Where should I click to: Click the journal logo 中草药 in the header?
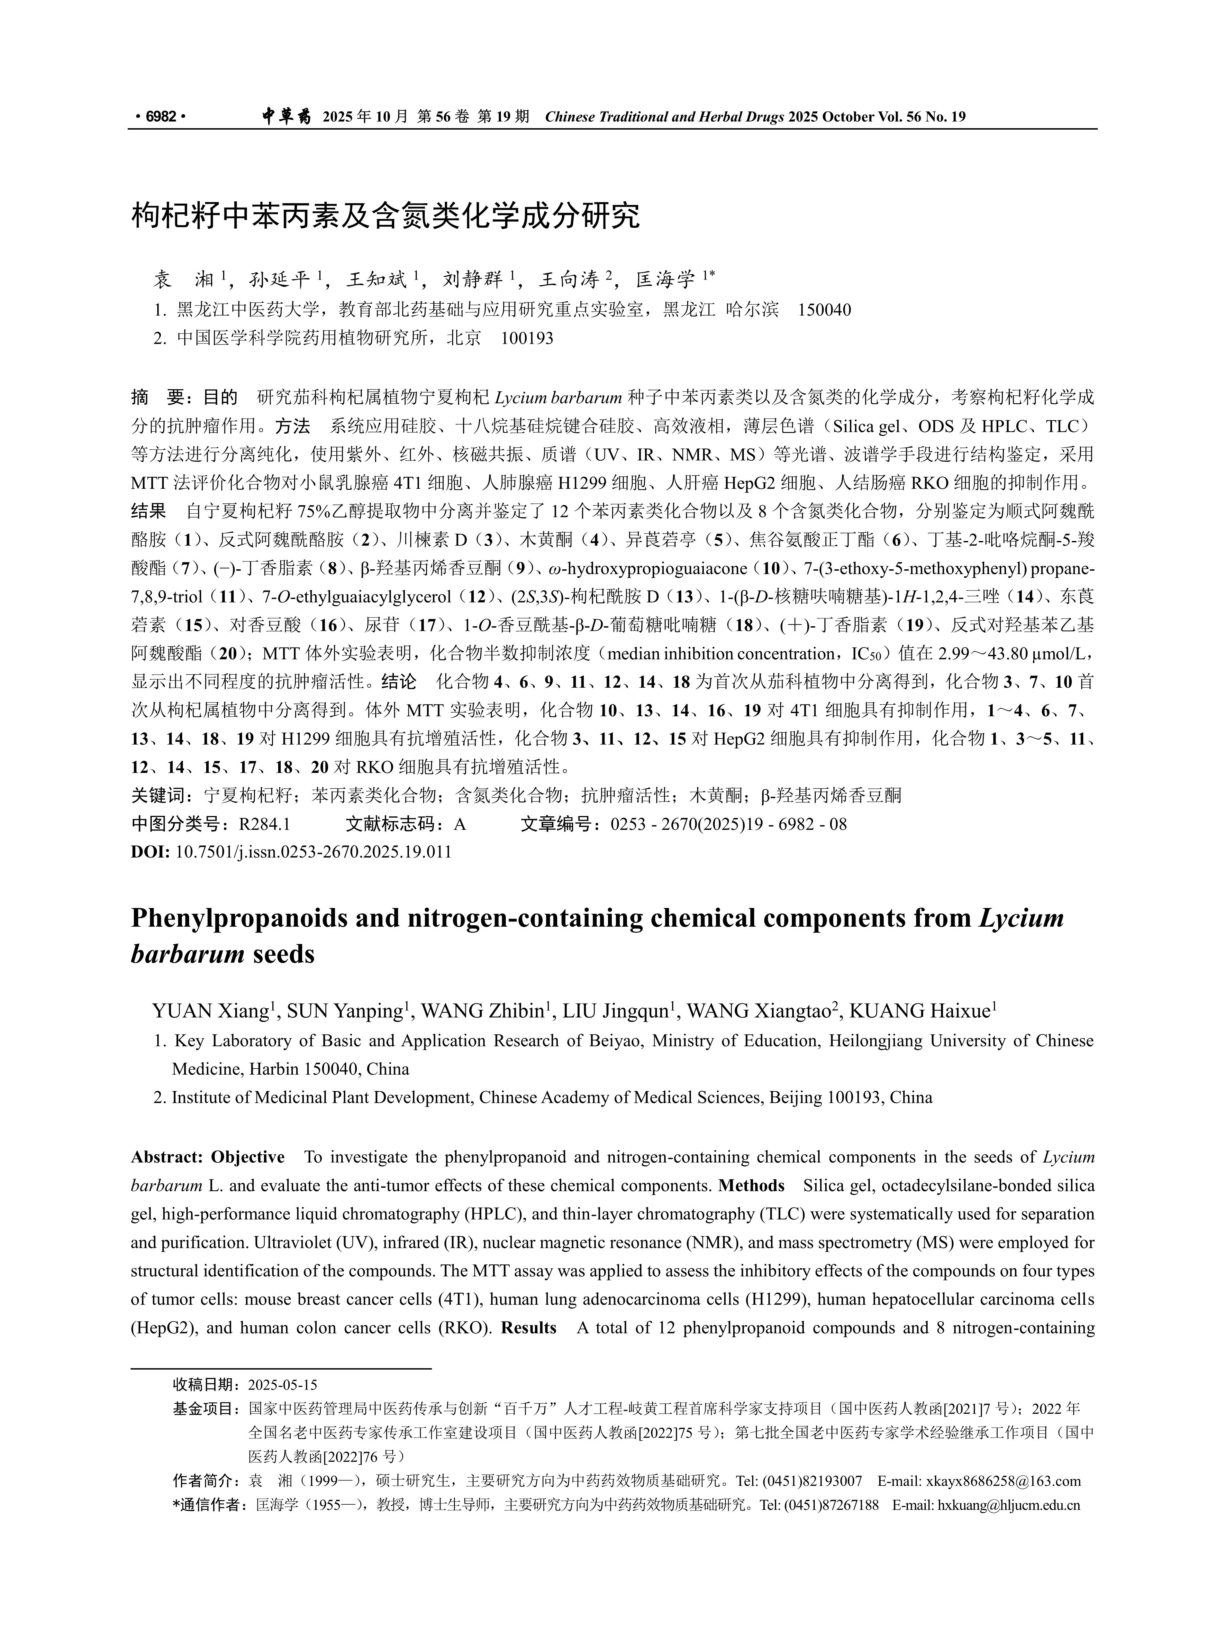286,116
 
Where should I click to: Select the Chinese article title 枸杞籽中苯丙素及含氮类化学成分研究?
386,216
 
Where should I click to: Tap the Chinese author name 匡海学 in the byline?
666,280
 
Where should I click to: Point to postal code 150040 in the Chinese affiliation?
824,310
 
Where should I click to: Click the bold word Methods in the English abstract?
751,1185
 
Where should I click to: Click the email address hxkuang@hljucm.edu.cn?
1009,1505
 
